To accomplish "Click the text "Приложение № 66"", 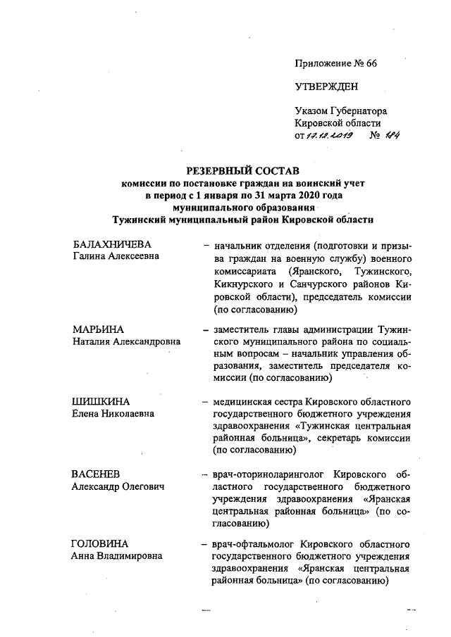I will tap(336, 63).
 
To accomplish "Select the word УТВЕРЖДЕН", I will tap(326, 87).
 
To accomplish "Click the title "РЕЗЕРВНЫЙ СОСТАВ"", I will tap(242, 170).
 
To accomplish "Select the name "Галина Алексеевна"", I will tap(116, 256).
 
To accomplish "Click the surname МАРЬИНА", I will tap(99, 329).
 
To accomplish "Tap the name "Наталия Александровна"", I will tap(126, 341).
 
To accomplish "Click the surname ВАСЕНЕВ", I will tap(99, 474).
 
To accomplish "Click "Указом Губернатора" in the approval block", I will tap(341, 111).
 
